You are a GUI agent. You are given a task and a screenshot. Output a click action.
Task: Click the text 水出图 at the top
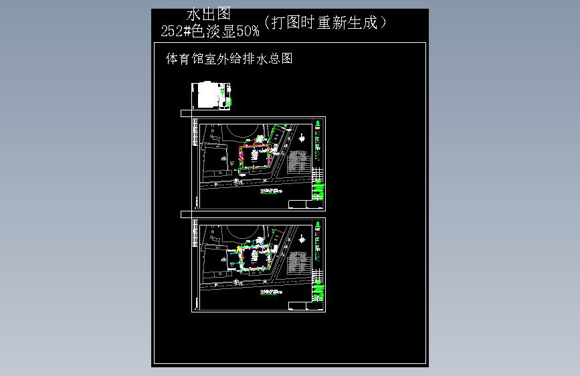tap(209, 14)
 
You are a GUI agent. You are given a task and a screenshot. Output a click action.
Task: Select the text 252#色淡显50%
tap(210, 31)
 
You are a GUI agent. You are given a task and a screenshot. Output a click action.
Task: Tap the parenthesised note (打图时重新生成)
tap(326, 23)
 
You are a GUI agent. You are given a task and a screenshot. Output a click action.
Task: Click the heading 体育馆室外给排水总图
tap(229, 59)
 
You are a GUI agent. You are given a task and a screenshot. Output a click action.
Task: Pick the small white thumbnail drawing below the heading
tap(211, 95)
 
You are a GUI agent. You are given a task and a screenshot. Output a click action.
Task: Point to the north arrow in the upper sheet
tap(302, 138)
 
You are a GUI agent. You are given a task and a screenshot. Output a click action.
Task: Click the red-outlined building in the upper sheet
tap(255, 157)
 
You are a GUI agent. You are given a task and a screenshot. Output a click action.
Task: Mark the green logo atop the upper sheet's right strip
tap(318, 123)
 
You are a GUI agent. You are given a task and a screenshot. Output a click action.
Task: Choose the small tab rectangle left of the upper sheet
tap(186, 114)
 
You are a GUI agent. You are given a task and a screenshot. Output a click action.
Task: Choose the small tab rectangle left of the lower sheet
tap(186, 215)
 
